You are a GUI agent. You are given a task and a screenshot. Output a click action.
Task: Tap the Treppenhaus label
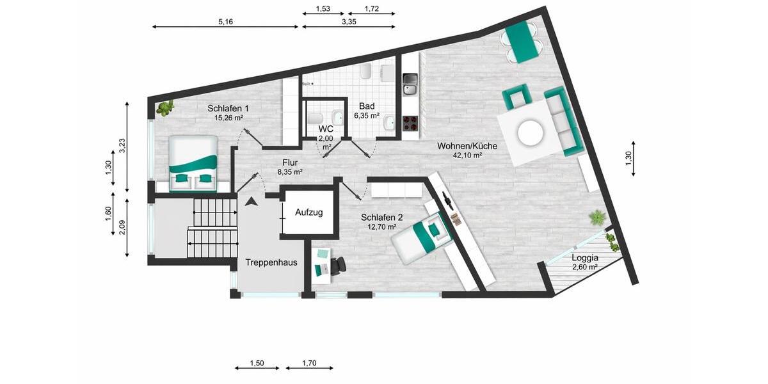pyautogui.click(x=271, y=262)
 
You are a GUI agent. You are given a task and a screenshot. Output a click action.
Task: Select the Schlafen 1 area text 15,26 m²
pyautogui.click(x=228, y=118)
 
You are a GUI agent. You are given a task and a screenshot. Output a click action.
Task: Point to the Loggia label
pyautogui.click(x=585, y=258)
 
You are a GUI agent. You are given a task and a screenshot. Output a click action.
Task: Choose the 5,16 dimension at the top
pyautogui.click(x=225, y=22)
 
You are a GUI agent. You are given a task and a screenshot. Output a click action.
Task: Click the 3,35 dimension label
pyautogui.click(x=349, y=22)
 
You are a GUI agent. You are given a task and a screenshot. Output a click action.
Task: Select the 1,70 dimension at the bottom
pyautogui.click(x=309, y=363)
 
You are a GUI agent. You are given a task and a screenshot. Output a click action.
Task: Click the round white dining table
pyautogui.click(x=531, y=133)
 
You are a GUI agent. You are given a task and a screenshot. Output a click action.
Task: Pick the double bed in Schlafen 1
pyautogui.click(x=193, y=163)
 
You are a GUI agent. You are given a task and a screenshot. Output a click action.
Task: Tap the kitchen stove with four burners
pyautogui.click(x=410, y=121)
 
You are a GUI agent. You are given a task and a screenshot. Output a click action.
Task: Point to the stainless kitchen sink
pyautogui.click(x=410, y=81)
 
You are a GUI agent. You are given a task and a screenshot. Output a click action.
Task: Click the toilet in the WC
pyautogui.click(x=314, y=120)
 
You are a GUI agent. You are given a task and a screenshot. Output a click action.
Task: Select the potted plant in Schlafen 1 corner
pyautogui.click(x=165, y=108)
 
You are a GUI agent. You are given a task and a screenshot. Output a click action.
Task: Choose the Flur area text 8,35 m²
pyautogui.click(x=289, y=172)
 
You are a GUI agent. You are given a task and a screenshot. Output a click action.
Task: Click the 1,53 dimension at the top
pyautogui.click(x=323, y=8)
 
